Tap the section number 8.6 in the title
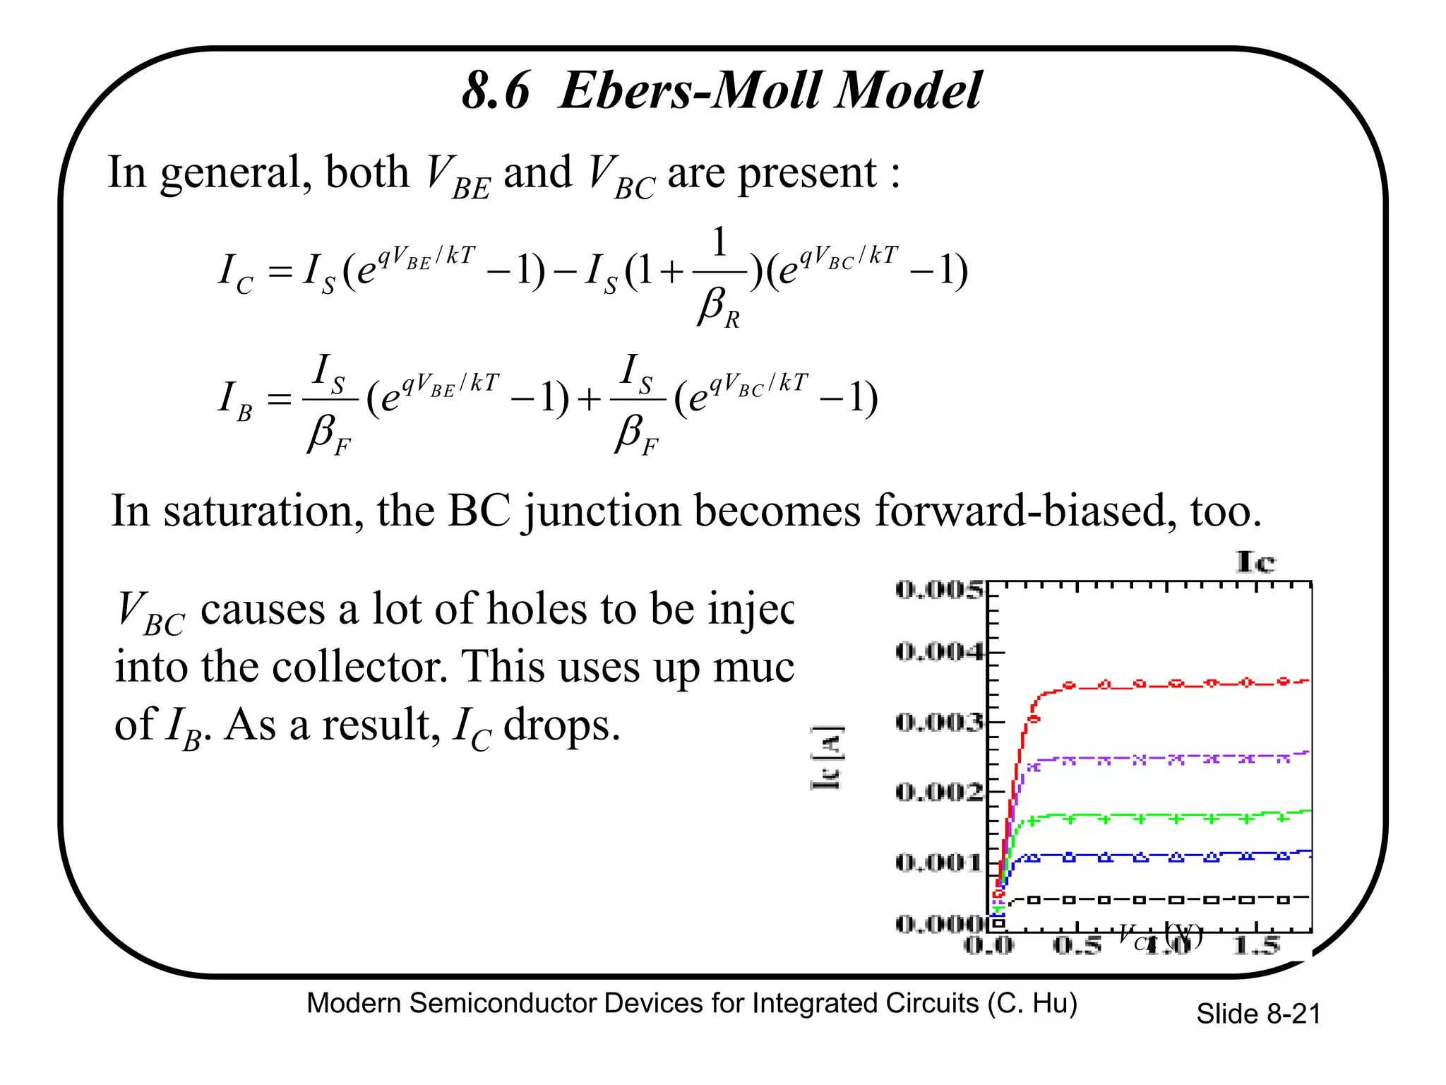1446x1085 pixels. coord(496,90)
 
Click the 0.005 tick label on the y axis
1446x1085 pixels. coord(939,588)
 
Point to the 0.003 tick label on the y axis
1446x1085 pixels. coord(939,722)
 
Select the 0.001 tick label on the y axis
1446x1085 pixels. coord(939,862)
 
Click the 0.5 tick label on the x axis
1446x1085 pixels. coord(1077,945)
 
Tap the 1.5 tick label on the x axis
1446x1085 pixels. coord(1256,945)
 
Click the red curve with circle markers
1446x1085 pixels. coord(1158,684)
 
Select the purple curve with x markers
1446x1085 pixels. coord(1158,759)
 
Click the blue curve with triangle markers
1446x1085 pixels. coord(1158,856)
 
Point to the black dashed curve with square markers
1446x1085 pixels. coord(1158,899)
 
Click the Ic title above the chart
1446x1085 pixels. coord(1255,562)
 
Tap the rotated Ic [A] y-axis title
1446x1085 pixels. coord(826,757)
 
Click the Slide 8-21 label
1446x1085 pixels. coord(1257,1014)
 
